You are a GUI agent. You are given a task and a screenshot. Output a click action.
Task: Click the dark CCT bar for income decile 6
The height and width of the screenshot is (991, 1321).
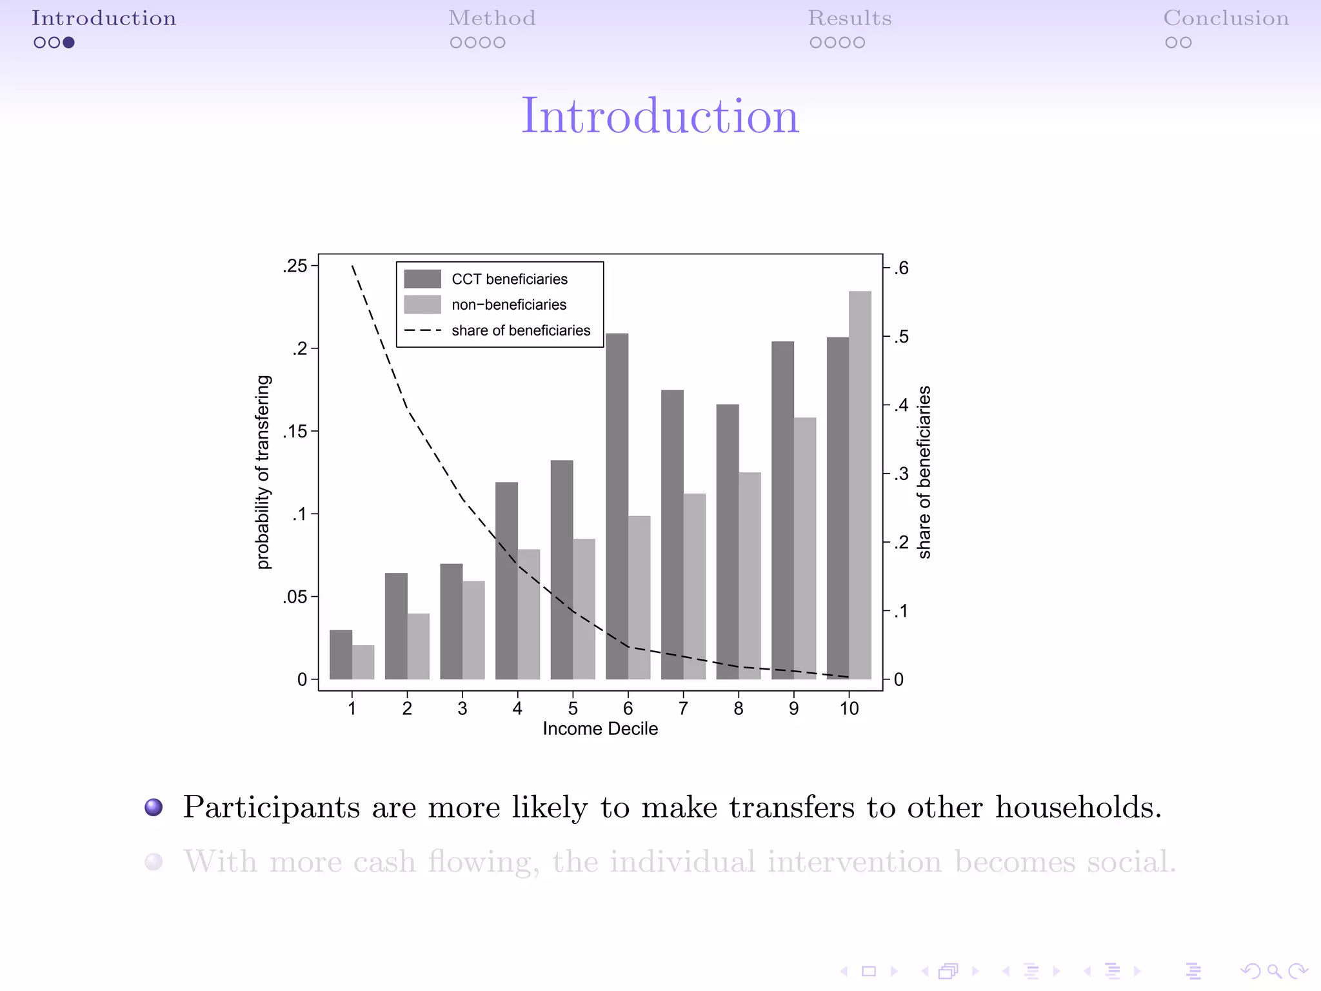point(617,506)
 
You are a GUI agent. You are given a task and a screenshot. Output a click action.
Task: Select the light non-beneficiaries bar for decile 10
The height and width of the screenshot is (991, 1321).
point(860,485)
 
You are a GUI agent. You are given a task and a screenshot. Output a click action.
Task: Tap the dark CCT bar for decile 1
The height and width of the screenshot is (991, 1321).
point(341,654)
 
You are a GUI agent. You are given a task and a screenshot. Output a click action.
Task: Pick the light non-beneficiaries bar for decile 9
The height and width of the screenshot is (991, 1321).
point(805,548)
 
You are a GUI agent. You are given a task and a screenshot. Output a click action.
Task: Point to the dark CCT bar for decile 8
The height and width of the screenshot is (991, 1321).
point(728,541)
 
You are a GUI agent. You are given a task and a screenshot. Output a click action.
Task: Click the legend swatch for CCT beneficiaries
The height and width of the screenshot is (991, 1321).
point(422,279)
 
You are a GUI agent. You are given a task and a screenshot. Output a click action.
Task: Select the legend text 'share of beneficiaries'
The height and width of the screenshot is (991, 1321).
point(521,330)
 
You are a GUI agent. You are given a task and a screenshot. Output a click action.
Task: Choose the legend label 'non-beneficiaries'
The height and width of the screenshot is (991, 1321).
point(509,305)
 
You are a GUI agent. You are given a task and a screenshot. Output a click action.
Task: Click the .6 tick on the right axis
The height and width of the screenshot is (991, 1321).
point(901,268)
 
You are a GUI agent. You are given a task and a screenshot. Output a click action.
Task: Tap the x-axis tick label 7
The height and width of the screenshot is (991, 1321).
point(683,708)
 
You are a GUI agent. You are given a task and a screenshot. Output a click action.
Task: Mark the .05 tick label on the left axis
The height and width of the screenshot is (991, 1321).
point(295,597)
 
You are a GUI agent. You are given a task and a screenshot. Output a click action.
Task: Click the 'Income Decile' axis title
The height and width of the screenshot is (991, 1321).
point(600,729)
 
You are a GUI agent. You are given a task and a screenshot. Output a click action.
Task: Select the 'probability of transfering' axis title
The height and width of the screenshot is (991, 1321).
point(263,472)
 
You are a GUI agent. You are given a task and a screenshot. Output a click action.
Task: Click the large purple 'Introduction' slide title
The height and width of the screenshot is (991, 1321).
point(660,116)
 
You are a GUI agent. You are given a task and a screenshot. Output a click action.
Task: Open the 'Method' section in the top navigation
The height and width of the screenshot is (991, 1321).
point(492,18)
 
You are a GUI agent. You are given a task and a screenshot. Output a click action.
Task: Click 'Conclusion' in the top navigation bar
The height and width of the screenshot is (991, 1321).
point(1226,18)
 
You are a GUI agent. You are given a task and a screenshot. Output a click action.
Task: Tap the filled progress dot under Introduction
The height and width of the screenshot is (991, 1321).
point(68,43)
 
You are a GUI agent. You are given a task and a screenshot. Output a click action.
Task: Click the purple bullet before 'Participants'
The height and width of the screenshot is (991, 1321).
point(154,807)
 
